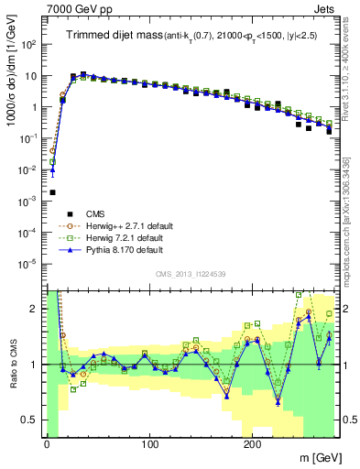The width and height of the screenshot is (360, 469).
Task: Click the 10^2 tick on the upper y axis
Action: (x=28, y=44)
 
